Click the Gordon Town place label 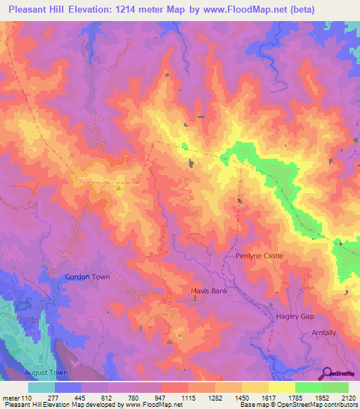pos(88,277)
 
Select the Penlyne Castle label pos(259,256)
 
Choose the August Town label pos(46,372)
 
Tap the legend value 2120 pos(347,398)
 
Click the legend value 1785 pos(295,398)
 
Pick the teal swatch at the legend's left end pos(41,387)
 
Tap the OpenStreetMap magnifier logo pos(326,373)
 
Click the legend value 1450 pos(242,398)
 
